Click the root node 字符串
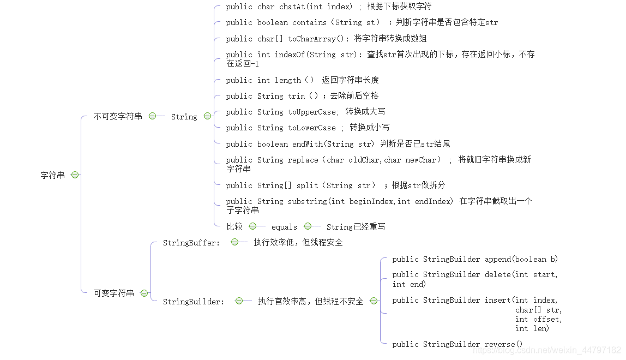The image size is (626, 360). click(x=53, y=175)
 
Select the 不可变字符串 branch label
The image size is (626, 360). click(x=118, y=116)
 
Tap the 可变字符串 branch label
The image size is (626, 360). click(x=113, y=293)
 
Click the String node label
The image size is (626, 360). click(x=184, y=117)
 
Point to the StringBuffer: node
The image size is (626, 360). click(x=191, y=243)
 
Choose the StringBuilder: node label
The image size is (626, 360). click(x=194, y=302)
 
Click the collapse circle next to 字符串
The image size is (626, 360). click(x=75, y=175)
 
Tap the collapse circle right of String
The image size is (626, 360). click(x=207, y=116)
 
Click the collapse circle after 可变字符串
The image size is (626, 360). click(x=144, y=293)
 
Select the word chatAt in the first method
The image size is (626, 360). click(x=294, y=7)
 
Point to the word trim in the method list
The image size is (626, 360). click(x=297, y=96)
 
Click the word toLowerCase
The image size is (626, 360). click(x=312, y=128)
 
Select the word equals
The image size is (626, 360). click(x=284, y=227)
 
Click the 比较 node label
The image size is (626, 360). click(x=234, y=226)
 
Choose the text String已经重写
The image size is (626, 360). click(x=356, y=227)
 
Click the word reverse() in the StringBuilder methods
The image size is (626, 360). click(x=503, y=344)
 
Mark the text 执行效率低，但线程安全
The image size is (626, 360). click(x=298, y=243)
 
